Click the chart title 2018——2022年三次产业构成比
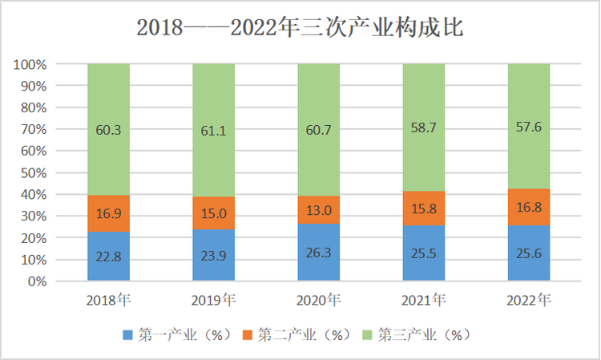pos(300,29)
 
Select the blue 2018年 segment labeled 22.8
pos(108,257)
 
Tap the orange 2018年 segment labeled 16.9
pos(108,213)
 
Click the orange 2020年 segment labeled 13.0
pos(318,210)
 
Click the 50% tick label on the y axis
pos(34,173)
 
